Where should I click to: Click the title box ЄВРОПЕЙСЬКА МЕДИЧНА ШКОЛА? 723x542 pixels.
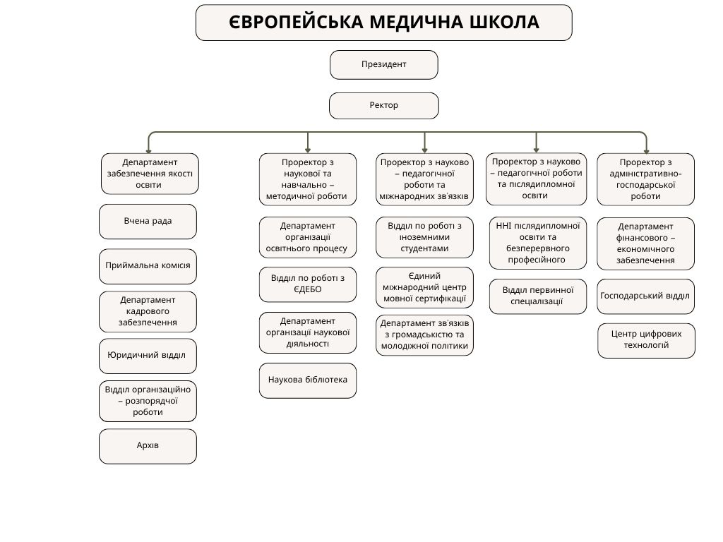pyautogui.click(x=383, y=23)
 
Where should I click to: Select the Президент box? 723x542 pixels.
pyautogui.click(x=383, y=65)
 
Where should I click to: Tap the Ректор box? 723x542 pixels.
pyautogui.click(x=383, y=106)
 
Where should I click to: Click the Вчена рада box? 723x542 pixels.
pyautogui.click(x=148, y=222)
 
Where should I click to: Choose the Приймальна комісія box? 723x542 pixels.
pyautogui.click(x=148, y=267)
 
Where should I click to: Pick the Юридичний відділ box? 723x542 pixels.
pyautogui.click(x=148, y=356)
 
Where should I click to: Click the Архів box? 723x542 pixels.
pyautogui.click(x=148, y=446)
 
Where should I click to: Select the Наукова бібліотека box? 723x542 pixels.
pyautogui.click(x=308, y=380)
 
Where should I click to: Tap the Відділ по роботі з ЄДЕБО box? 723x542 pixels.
pyautogui.click(x=308, y=284)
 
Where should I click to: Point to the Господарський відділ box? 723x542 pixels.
pyautogui.click(x=645, y=296)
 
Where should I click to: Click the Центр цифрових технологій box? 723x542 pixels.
pyautogui.click(x=646, y=340)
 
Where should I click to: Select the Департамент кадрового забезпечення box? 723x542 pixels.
pyautogui.click(x=148, y=312)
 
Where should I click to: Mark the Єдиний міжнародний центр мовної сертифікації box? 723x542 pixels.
pyautogui.click(x=424, y=287)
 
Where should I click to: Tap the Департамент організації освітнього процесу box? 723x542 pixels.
pyautogui.click(x=308, y=237)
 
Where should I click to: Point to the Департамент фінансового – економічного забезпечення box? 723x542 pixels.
pyautogui.click(x=645, y=243)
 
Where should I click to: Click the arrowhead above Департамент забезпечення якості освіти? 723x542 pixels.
pyautogui.click(x=148, y=150)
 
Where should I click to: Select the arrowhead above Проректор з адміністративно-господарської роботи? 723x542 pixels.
pyautogui.click(x=645, y=150)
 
